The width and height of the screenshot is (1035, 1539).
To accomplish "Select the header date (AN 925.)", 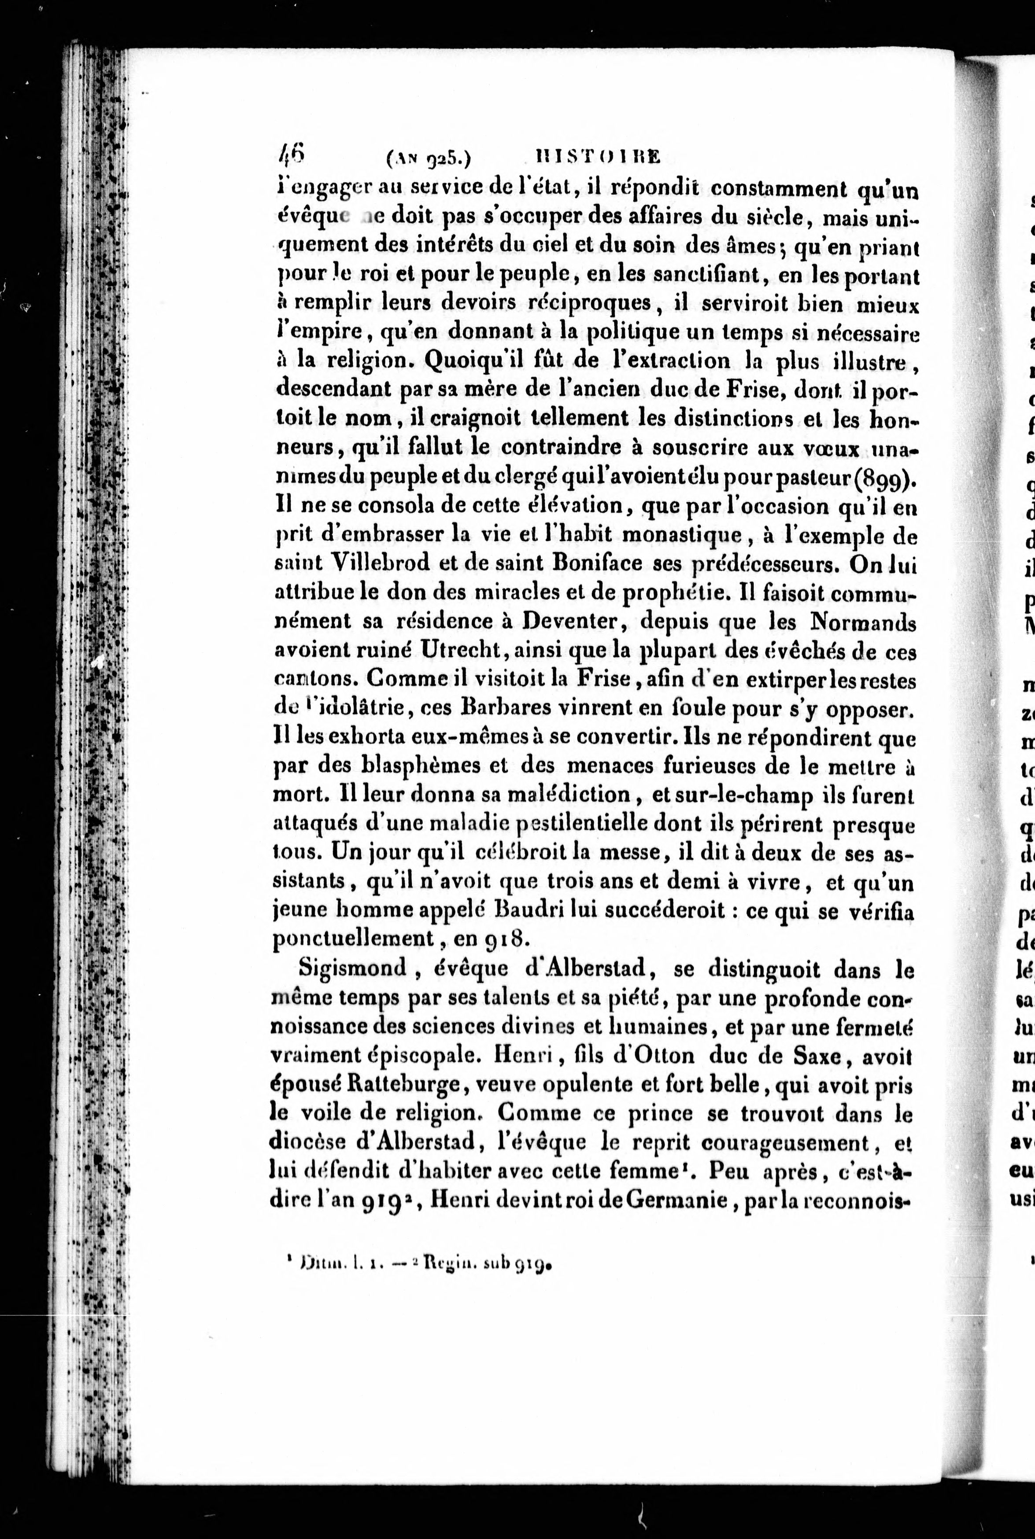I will pyautogui.click(x=427, y=158).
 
